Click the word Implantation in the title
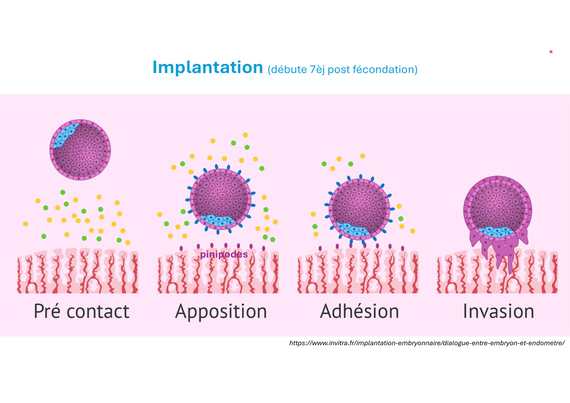pos(208,68)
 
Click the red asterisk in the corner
pos(551,52)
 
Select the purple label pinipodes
pos(224,254)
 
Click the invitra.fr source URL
pos(427,343)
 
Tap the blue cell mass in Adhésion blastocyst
pos(353,229)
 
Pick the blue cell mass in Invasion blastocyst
pos(496,232)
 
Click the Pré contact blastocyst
pos(80,150)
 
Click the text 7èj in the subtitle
pos(317,69)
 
